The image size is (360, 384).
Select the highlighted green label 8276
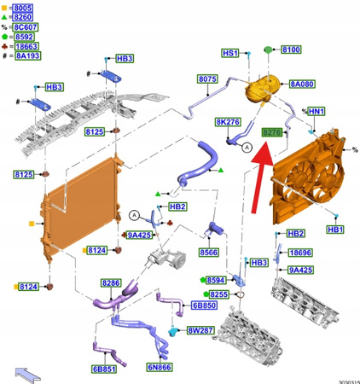272,132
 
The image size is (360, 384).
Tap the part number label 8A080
302,84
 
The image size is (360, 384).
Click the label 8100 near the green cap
291,50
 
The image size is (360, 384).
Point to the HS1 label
229,53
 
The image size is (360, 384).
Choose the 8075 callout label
207,79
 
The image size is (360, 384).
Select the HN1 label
316,112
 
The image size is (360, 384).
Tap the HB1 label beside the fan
335,230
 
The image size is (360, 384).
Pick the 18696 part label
299,253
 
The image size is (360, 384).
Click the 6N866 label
160,367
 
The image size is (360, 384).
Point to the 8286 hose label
110,282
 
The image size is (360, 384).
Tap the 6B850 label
202,305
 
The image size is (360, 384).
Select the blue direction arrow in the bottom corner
28,371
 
